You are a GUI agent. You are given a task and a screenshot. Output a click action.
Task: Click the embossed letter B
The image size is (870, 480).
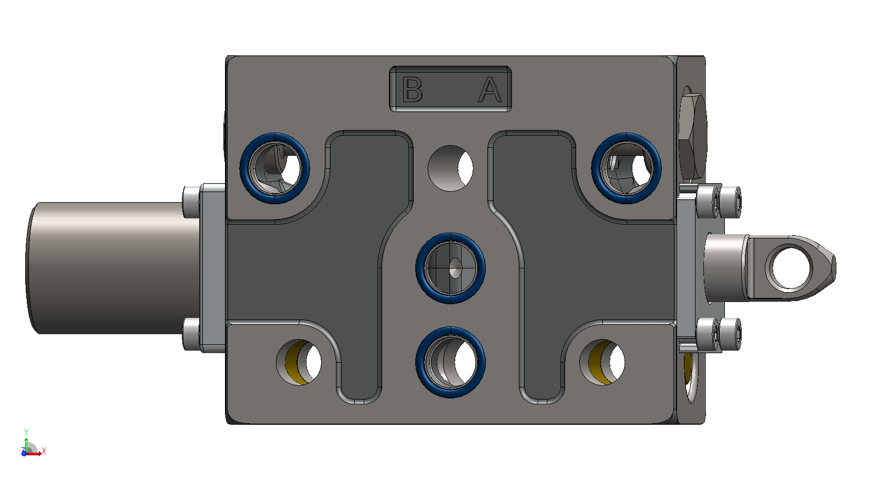coord(412,89)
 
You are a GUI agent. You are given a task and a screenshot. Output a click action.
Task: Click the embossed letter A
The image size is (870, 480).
coord(490,89)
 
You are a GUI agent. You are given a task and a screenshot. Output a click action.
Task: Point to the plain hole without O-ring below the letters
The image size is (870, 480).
coord(451,168)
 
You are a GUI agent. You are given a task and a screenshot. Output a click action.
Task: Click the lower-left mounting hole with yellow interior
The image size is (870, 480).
coord(299,363)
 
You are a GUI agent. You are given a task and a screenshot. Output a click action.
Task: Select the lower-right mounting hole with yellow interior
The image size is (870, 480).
coord(602,363)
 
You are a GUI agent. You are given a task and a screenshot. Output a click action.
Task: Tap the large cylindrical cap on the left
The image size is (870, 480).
coord(112,268)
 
